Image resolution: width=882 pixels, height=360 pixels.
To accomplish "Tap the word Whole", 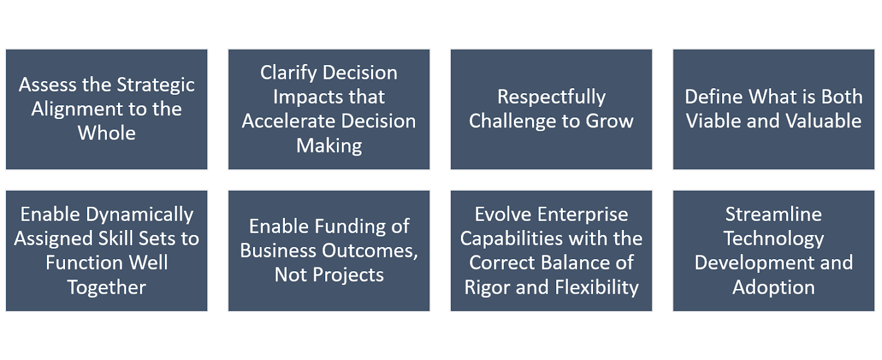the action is (107, 133).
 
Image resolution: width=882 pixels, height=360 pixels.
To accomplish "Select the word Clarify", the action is (289, 74).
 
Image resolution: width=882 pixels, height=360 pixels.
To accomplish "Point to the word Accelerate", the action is (283, 121).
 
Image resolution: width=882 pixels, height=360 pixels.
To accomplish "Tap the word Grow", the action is (610, 121).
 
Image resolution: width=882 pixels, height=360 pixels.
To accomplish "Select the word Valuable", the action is (818, 121).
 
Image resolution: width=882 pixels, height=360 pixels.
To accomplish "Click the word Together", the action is (107, 288).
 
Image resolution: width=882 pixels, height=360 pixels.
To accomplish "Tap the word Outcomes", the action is (366, 251).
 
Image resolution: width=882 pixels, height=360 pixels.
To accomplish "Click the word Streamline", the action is (774, 214).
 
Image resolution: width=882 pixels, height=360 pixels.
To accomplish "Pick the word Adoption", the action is (774, 288).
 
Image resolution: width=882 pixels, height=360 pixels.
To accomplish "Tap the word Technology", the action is (774, 239).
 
